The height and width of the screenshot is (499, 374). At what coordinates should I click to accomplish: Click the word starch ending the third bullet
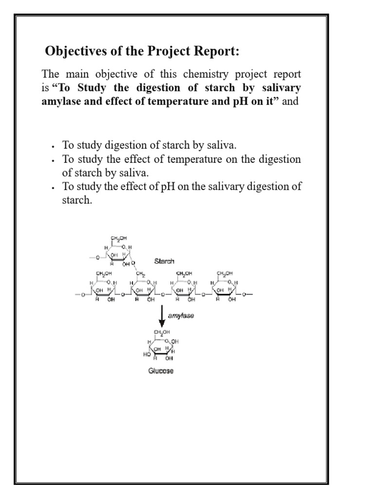(77, 199)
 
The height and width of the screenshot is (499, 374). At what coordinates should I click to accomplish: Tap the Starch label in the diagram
(164, 261)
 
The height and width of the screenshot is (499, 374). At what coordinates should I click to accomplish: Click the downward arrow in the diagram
(162, 317)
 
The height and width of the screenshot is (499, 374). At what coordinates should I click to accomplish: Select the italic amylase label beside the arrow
(181, 316)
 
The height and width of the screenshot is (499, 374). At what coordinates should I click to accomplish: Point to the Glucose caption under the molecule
(161, 371)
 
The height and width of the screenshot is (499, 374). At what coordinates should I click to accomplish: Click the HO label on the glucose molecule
(147, 354)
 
